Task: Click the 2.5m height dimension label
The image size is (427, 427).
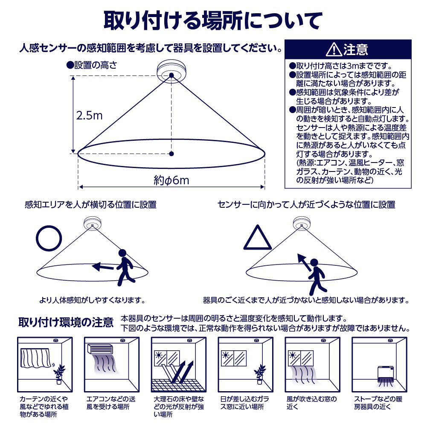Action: click(89, 116)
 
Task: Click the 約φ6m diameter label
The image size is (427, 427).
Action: click(171, 180)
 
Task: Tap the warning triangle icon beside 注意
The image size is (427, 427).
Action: click(334, 49)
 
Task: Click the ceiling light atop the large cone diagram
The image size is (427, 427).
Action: click(171, 72)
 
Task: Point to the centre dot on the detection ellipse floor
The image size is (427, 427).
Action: click(171, 154)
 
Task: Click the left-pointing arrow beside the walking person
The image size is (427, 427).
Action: click(103, 267)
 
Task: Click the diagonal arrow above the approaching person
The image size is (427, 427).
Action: click(304, 262)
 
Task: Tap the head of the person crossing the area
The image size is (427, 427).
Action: click(122, 253)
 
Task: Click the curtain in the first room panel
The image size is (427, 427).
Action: click(35, 358)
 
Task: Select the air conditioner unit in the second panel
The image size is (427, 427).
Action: click(100, 349)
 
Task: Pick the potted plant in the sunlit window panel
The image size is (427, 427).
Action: click(260, 375)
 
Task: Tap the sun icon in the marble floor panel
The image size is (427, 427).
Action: click(159, 355)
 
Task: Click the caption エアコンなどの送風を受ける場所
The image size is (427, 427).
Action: click(111, 403)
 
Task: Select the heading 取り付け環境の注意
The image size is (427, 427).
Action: click(66, 322)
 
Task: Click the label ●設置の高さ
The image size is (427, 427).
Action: click(92, 65)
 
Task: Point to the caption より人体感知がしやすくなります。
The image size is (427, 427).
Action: click(92, 300)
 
